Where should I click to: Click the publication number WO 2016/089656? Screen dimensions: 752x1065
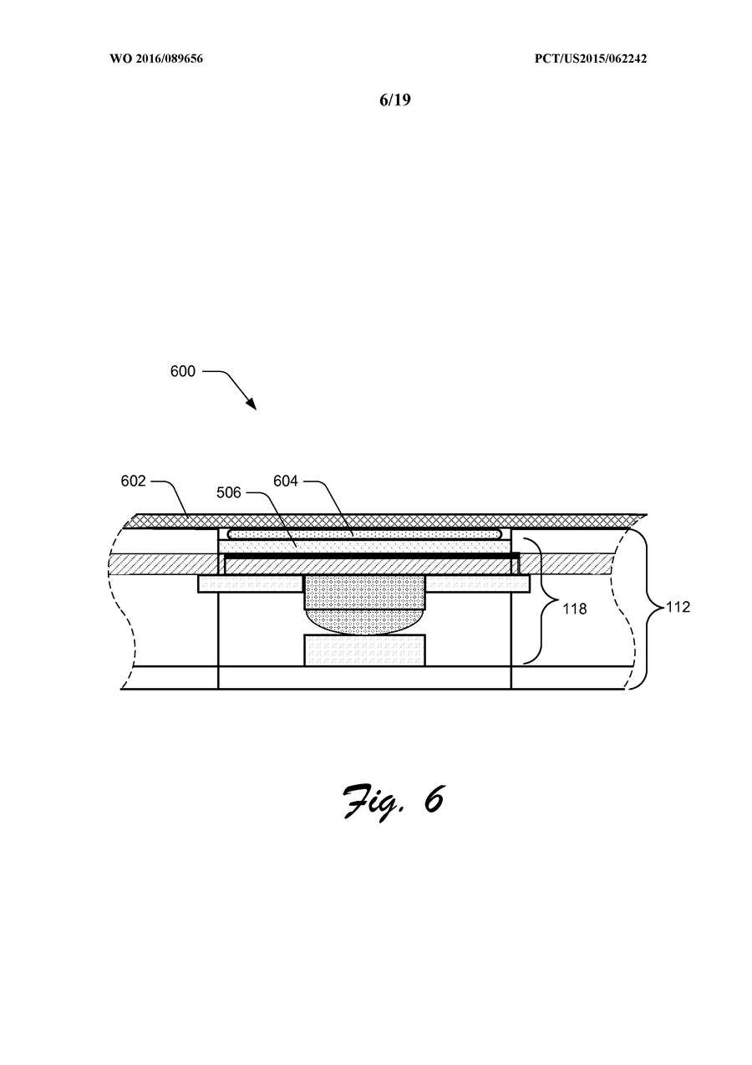pyautogui.click(x=156, y=59)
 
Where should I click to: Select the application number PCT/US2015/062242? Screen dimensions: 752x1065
pyautogui.click(x=591, y=59)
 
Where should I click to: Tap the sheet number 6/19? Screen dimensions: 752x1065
pyautogui.click(x=395, y=99)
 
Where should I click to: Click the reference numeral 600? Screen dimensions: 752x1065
pyautogui.click(x=182, y=371)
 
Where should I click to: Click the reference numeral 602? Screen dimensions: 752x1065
pyautogui.click(x=133, y=482)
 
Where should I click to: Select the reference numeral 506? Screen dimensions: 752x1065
pyautogui.click(x=229, y=492)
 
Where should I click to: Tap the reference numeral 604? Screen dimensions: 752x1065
pyautogui.click(x=286, y=482)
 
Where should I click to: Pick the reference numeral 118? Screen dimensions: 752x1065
pyautogui.click(x=575, y=609)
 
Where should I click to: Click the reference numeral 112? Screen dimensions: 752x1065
pyautogui.click(x=678, y=607)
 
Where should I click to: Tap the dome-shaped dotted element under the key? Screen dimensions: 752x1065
pyautogui.click(x=364, y=622)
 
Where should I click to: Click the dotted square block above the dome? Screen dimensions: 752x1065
pyautogui.click(x=364, y=592)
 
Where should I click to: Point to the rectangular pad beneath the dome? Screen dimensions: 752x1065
pyautogui.click(x=364, y=650)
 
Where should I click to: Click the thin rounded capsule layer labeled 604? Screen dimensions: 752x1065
pyautogui.click(x=365, y=534)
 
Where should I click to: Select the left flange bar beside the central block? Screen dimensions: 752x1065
pyautogui.click(x=251, y=583)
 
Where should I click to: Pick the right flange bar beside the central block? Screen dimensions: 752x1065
pyautogui.click(x=478, y=584)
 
